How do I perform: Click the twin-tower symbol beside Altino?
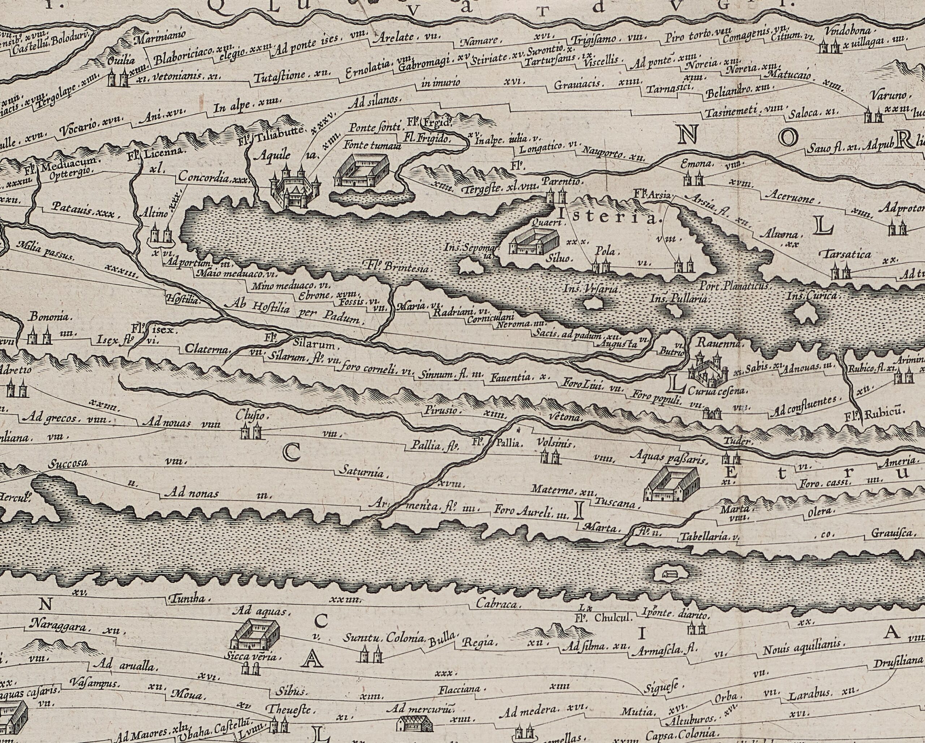(x=161, y=235)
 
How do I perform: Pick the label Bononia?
(x=49, y=317)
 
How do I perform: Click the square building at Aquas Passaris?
(x=672, y=484)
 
